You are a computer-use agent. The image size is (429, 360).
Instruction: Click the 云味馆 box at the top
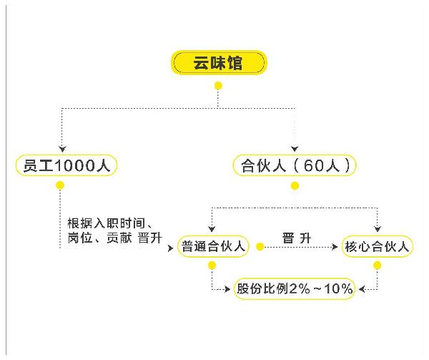(218, 64)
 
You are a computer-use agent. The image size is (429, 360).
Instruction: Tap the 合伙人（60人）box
(295, 166)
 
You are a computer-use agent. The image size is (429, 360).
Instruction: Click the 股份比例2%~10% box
(295, 289)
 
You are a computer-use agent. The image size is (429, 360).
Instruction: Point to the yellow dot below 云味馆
(218, 86)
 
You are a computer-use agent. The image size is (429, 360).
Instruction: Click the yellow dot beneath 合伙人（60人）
(295, 186)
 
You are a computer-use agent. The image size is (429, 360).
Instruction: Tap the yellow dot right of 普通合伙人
(259, 247)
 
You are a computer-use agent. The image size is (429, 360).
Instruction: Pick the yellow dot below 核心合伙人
(377, 266)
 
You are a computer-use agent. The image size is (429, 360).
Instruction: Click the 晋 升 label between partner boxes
(296, 238)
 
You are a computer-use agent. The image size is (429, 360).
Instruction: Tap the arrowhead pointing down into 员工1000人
(61, 148)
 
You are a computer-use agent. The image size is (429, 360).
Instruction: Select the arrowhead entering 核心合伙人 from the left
(336, 247)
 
